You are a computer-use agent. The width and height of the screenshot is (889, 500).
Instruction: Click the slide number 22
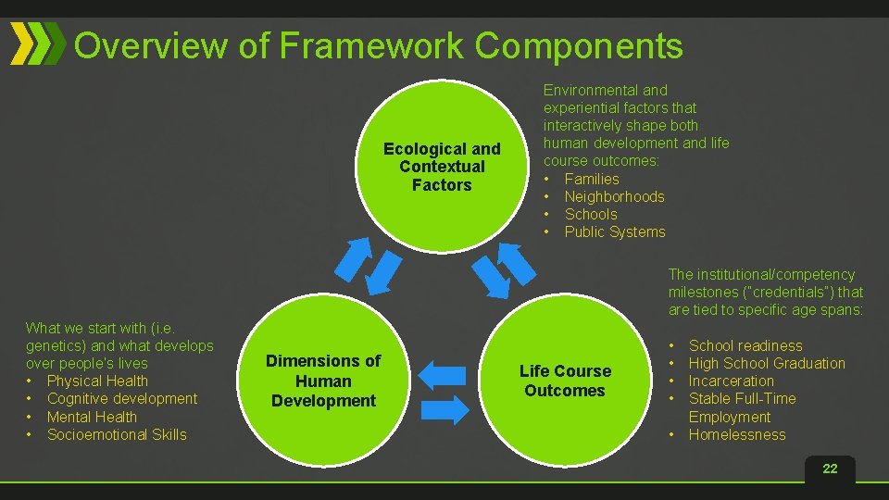pyautogui.click(x=830, y=469)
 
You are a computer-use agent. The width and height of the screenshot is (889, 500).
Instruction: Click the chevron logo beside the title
pyautogui.click(x=38, y=44)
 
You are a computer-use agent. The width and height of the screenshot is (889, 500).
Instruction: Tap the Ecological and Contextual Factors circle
pyautogui.click(x=441, y=167)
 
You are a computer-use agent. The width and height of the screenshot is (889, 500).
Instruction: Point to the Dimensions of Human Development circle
pyautogui.click(x=322, y=381)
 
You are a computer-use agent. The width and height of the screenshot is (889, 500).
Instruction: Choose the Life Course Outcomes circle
pyautogui.click(x=565, y=381)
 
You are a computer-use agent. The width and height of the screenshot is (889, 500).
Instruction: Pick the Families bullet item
pyautogui.click(x=592, y=179)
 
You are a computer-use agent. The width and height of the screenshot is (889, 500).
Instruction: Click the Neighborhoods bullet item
pyautogui.click(x=614, y=196)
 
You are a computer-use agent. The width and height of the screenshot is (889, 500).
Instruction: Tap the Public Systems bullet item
pyautogui.click(x=614, y=231)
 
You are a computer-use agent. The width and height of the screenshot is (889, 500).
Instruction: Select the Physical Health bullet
pyautogui.click(x=97, y=381)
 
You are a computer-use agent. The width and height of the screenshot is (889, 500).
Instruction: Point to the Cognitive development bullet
pyautogui.click(x=121, y=398)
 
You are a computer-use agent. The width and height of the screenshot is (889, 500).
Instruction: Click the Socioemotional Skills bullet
pyautogui.click(x=117, y=434)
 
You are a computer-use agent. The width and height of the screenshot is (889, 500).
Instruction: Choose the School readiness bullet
pyautogui.click(x=745, y=345)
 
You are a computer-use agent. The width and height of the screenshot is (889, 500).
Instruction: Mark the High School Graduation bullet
pyautogui.click(x=767, y=363)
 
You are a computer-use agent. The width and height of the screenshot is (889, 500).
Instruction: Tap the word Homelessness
pyautogui.click(x=737, y=434)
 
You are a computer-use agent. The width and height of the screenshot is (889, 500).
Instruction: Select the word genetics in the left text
pyautogui.click(x=55, y=345)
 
